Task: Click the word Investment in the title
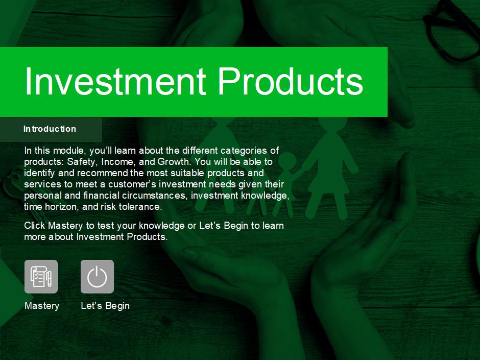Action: click(115, 81)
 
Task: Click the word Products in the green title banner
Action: click(291, 81)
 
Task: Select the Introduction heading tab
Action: click(51, 129)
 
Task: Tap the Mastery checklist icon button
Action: click(41, 276)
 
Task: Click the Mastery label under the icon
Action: click(42, 305)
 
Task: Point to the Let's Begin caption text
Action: click(105, 305)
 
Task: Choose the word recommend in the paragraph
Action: click(102, 173)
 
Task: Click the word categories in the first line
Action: click(244, 151)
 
